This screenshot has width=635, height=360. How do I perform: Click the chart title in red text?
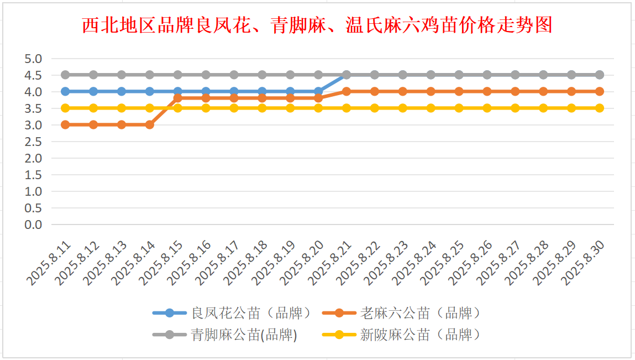(317, 25)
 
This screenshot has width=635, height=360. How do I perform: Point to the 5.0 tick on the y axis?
(33, 59)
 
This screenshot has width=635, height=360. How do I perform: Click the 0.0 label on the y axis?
(33, 225)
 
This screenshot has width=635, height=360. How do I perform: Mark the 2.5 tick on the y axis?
(33, 142)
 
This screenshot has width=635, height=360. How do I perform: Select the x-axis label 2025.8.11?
(50, 263)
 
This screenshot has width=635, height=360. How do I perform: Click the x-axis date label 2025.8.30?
(584, 263)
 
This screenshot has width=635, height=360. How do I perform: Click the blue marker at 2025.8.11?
(65, 91)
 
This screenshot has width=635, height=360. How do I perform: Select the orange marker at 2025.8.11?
(65, 124)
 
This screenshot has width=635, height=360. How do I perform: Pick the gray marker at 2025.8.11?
(65, 75)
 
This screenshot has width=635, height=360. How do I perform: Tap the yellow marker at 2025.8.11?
(65, 108)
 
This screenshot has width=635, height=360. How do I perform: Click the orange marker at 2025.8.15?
(178, 98)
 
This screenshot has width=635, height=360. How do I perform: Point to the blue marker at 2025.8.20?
(318, 91)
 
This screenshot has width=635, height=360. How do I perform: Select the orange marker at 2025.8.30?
(600, 91)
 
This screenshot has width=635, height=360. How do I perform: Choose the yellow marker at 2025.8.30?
(600, 108)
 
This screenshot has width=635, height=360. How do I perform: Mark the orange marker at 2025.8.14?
(150, 124)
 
